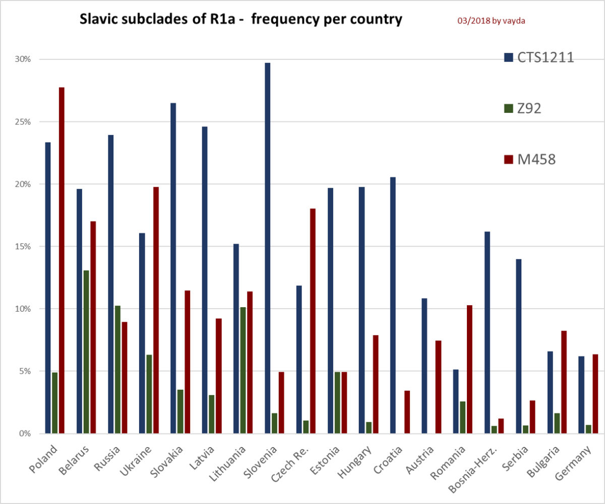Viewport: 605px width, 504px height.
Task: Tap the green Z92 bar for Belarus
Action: tap(86, 351)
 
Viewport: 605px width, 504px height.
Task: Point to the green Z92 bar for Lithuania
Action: tap(243, 370)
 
